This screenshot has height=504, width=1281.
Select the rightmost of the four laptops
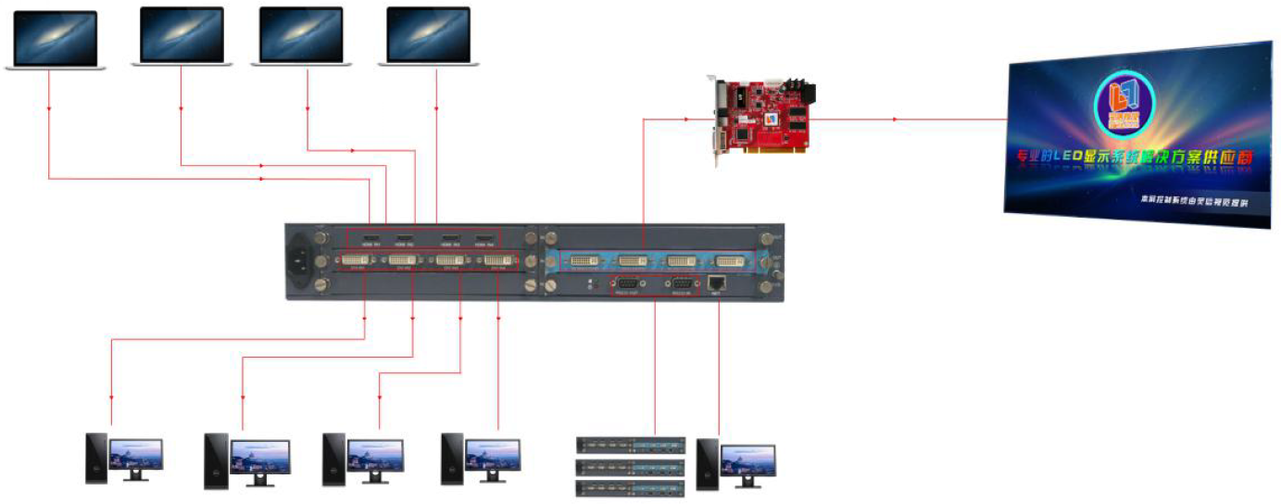(428, 37)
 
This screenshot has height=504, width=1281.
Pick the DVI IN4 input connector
(496, 262)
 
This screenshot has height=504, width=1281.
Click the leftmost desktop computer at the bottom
(124, 458)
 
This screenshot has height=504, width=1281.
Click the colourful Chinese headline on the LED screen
(1135, 158)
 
